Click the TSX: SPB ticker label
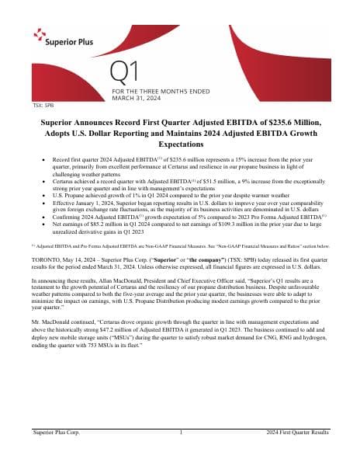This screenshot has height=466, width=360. click(x=43, y=103)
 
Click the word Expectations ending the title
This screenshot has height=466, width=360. click(x=179, y=144)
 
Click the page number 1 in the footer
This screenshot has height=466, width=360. click(x=180, y=430)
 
